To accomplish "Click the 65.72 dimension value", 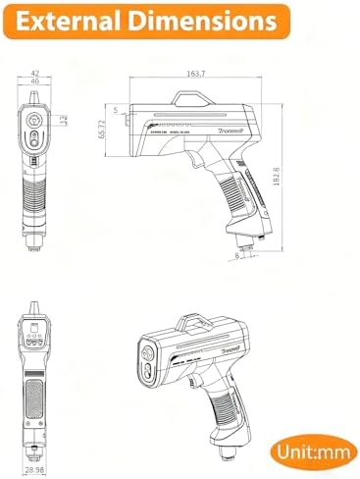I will [110, 136].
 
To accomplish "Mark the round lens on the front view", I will [34, 125].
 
